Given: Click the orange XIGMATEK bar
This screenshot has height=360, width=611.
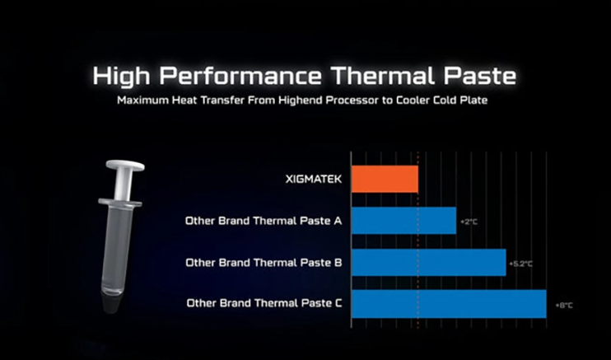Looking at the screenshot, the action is pyautogui.click(x=385, y=179).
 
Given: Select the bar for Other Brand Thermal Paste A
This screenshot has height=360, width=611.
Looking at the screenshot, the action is pyautogui.click(x=403, y=221).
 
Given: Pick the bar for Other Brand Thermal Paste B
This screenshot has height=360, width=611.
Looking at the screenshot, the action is pyautogui.click(x=429, y=263).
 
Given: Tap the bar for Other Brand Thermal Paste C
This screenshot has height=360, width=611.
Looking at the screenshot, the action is pyautogui.click(x=449, y=304).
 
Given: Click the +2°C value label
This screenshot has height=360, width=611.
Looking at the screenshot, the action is pyautogui.click(x=469, y=222).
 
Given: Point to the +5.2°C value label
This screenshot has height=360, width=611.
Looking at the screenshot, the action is pyautogui.click(x=520, y=264).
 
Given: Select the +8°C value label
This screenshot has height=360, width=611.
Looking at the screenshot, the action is pyautogui.click(x=564, y=306).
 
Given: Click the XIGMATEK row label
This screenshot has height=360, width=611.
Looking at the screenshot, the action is pyautogui.click(x=313, y=180).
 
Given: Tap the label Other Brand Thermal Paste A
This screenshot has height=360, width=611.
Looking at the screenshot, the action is pyautogui.click(x=264, y=221).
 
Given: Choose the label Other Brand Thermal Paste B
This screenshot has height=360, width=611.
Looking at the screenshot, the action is pyautogui.click(x=264, y=263).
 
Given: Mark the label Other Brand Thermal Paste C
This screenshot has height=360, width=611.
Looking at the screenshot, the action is pyautogui.click(x=264, y=303).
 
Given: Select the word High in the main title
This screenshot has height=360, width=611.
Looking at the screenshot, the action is pyautogui.click(x=121, y=76).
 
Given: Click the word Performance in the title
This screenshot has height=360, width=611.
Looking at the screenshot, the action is pyautogui.click(x=240, y=76).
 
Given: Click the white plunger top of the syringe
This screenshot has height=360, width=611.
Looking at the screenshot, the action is pyautogui.click(x=125, y=166).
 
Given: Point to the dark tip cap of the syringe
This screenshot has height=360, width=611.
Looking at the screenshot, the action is pyautogui.click(x=111, y=301).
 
